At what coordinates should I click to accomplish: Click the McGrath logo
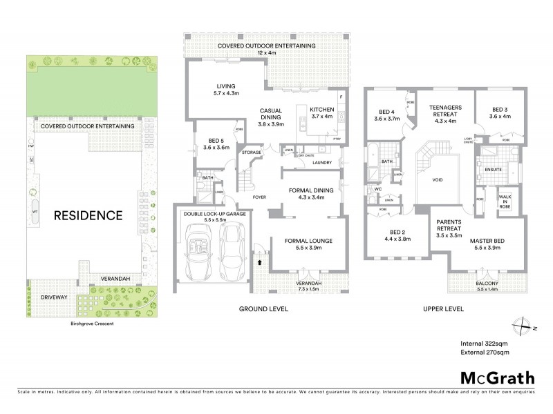496,377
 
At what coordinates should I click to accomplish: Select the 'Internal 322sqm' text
485,343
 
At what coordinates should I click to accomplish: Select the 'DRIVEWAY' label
53,297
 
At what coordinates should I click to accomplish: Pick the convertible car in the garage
199,253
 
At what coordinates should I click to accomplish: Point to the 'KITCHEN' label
321,110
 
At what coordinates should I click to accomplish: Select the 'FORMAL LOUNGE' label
308,241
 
